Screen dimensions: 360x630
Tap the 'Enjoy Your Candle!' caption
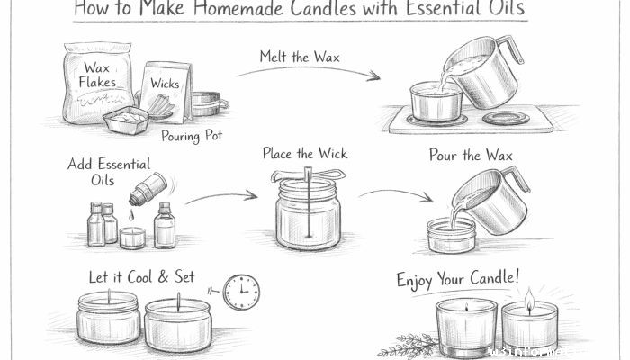(x=458, y=278)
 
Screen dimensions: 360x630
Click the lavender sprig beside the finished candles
(x=403, y=346)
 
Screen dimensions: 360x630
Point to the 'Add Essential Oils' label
(x=109, y=171)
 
